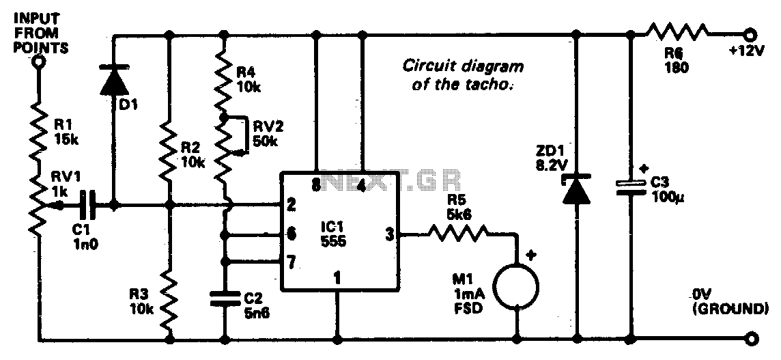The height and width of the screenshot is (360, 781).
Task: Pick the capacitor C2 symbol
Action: [223, 298]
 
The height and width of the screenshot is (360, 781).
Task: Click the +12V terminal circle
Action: [751, 33]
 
